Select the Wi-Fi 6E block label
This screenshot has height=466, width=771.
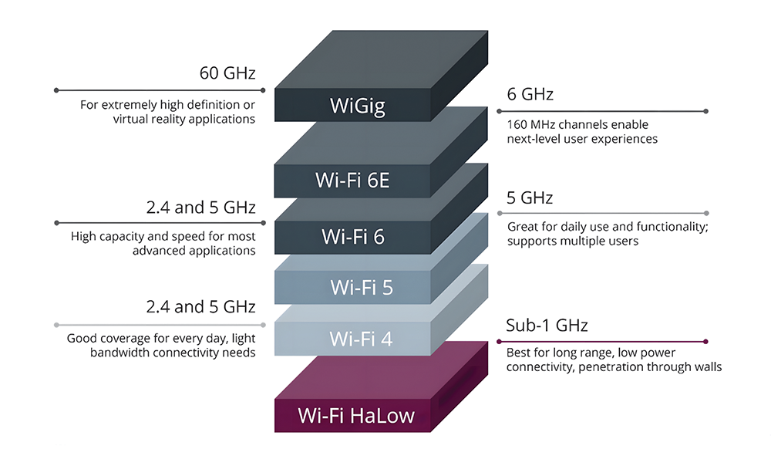pos(352,181)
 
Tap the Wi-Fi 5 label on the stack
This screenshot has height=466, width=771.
pos(362,287)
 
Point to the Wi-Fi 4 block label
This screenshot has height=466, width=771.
pos(361,339)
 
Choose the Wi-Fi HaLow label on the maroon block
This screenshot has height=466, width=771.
pos(356,416)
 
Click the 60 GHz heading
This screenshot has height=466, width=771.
pos(227,73)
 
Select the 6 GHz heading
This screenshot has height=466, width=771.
pos(530,94)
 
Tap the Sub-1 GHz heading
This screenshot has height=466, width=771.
pos(547,326)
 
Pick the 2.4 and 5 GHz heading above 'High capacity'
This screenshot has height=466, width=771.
pos(200,208)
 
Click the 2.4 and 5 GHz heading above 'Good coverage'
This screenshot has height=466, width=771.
pos(200,307)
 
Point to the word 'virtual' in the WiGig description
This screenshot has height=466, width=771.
pos(130,119)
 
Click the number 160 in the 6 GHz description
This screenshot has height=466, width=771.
pos(517,124)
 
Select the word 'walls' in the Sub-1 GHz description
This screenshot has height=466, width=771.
pos(708,367)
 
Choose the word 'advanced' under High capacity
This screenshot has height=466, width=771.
pos(156,251)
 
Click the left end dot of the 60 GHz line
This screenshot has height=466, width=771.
pos(56,90)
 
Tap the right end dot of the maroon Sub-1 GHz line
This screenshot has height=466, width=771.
pos(705,342)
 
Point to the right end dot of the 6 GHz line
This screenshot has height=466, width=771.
pos(705,111)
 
